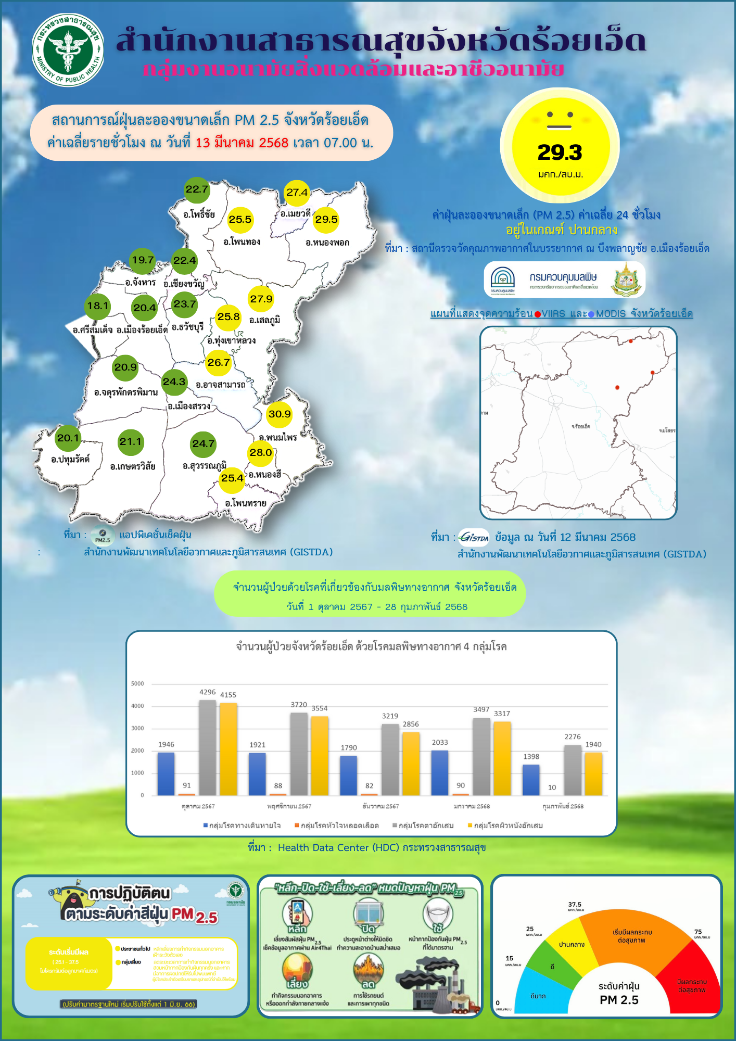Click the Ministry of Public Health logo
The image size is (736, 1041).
click(x=68, y=50)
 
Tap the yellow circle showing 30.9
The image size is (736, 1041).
click(x=280, y=414)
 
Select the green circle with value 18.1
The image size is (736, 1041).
click(x=97, y=306)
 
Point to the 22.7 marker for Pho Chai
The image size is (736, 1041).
click(x=197, y=189)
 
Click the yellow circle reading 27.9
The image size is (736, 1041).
click(x=261, y=299)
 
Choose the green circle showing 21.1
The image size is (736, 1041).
click(x=131, y=442)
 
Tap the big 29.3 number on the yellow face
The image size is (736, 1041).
click(x=560, y=153)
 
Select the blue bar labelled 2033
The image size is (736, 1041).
click(x=440, y=772)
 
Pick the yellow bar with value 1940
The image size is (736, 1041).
click(x=593, y=773)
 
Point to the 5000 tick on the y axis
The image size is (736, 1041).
click(x=137, y=684)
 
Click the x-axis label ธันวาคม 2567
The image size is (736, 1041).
click(x=380, y=806)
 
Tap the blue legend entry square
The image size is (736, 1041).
click(x=206, y=826)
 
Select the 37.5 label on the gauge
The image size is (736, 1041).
click(x=575, y=905)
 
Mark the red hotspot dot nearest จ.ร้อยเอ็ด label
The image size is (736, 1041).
click(x=617, y=388)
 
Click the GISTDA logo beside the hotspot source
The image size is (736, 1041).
click(x=474, y=537)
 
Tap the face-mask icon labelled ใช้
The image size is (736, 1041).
click(x=438, y=914)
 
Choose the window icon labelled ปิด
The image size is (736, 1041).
click(x=369, y=914)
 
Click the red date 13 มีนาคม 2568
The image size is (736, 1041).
click(x=242, y=143)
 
